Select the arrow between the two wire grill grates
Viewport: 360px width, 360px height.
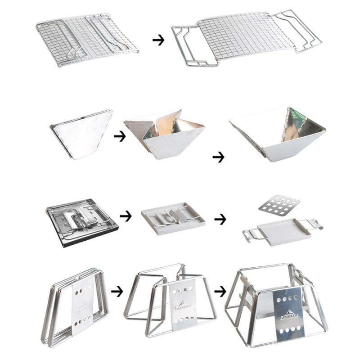click(x=158, y=40)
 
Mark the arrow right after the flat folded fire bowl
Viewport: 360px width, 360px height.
click(x=120, y=136)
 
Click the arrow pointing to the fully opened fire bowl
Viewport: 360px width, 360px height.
click(x=218, y=157)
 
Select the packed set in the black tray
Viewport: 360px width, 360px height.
click(x=82, y=220)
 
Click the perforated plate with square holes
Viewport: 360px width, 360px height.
click(x=280, y=206)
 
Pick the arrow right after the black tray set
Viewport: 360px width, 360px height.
click(x=126, y=216)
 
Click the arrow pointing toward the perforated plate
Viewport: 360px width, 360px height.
click(x=220, y=220)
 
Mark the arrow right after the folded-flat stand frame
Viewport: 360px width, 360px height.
click(x=117, y=292)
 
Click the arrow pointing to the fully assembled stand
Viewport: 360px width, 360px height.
click(x=220, y=292)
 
